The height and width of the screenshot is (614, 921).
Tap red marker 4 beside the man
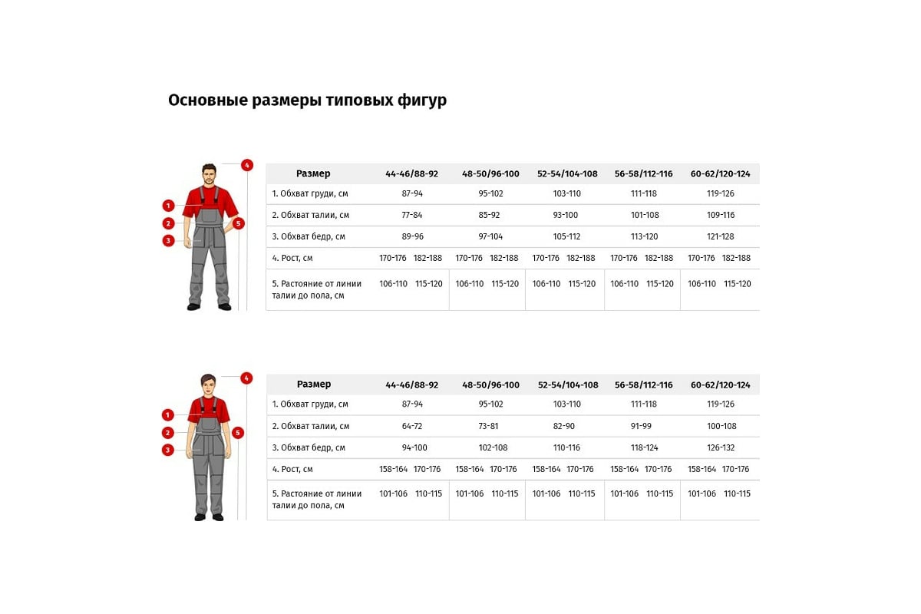coord(246,165)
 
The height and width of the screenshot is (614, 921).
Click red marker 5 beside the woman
coord(238,433)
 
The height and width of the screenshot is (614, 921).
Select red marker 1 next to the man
coord(168,206)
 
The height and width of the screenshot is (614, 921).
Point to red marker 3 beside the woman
coord(168,450)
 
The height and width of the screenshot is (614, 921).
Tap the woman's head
coord(209,385)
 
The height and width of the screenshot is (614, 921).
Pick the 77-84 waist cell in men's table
coord(412,215)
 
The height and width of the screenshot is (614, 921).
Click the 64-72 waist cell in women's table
coord(412,426)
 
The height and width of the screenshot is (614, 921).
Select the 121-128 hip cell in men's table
coord(720,236)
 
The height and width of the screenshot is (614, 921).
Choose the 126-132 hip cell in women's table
coord(721,447)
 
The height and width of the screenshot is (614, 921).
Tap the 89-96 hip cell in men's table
coord(412,236)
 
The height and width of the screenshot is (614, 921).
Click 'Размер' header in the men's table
coord(313,173)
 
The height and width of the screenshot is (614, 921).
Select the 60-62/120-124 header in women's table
coord(720,385)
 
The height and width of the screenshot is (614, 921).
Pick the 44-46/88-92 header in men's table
coord(412,173)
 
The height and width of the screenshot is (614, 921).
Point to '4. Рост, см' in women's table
coord(292,469)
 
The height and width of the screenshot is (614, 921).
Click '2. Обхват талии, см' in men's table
coord(310,215)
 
